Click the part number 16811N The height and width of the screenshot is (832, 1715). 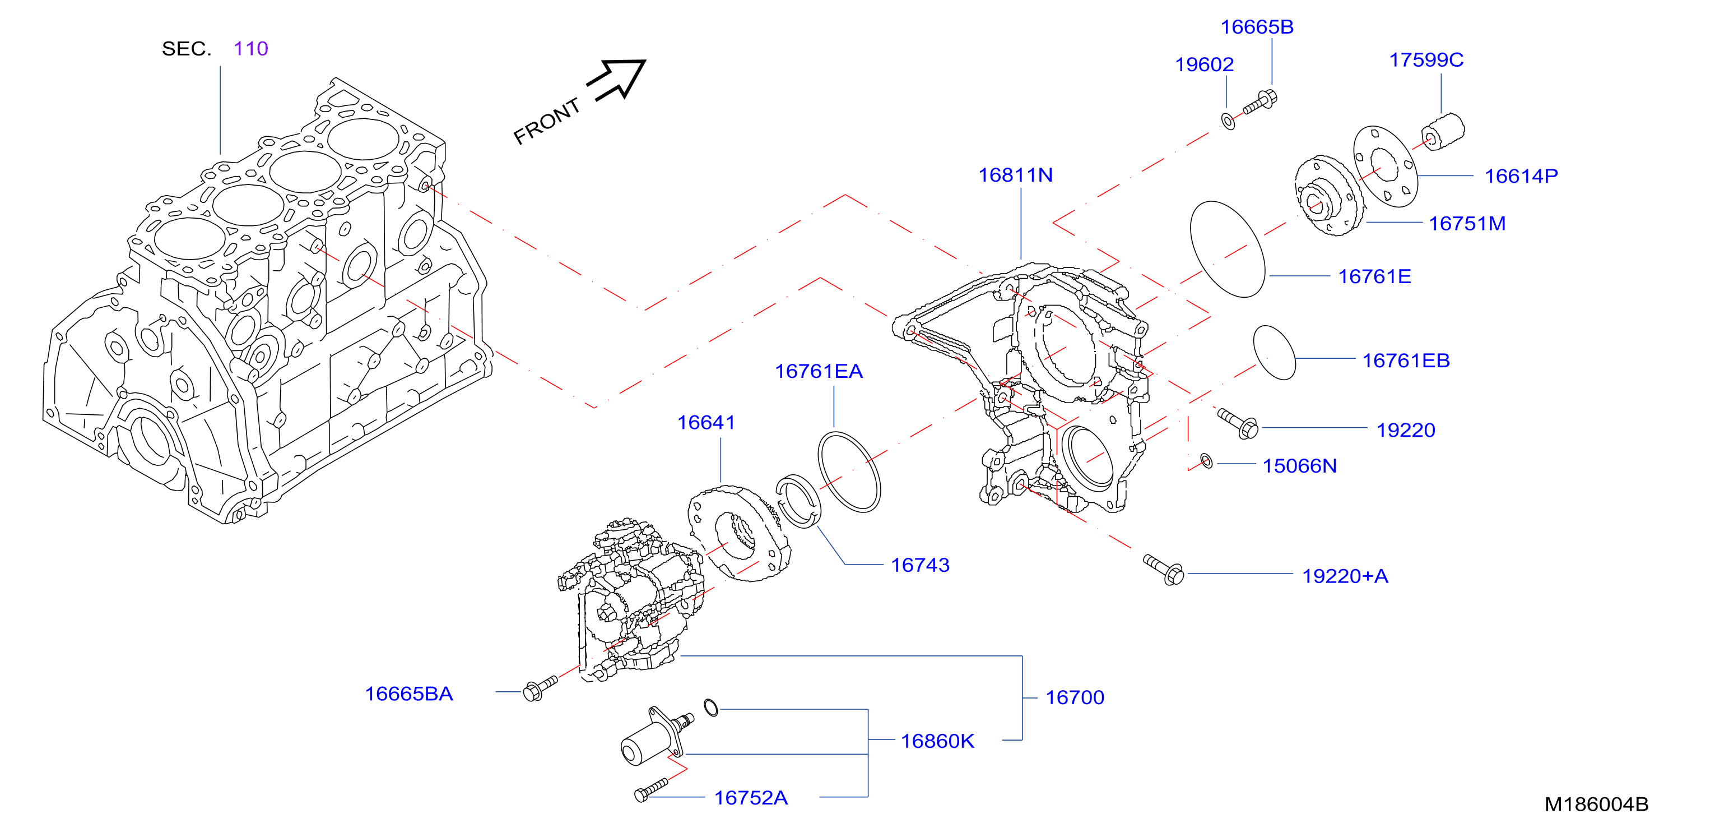(1015, 175)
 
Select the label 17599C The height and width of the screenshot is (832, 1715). (1426, 60)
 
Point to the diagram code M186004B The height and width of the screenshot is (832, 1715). (1596, 804)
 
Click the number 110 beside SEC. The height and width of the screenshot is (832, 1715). (250, 49)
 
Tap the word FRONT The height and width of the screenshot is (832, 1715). (547, 121)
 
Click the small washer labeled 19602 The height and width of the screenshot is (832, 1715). (1228, 121)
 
